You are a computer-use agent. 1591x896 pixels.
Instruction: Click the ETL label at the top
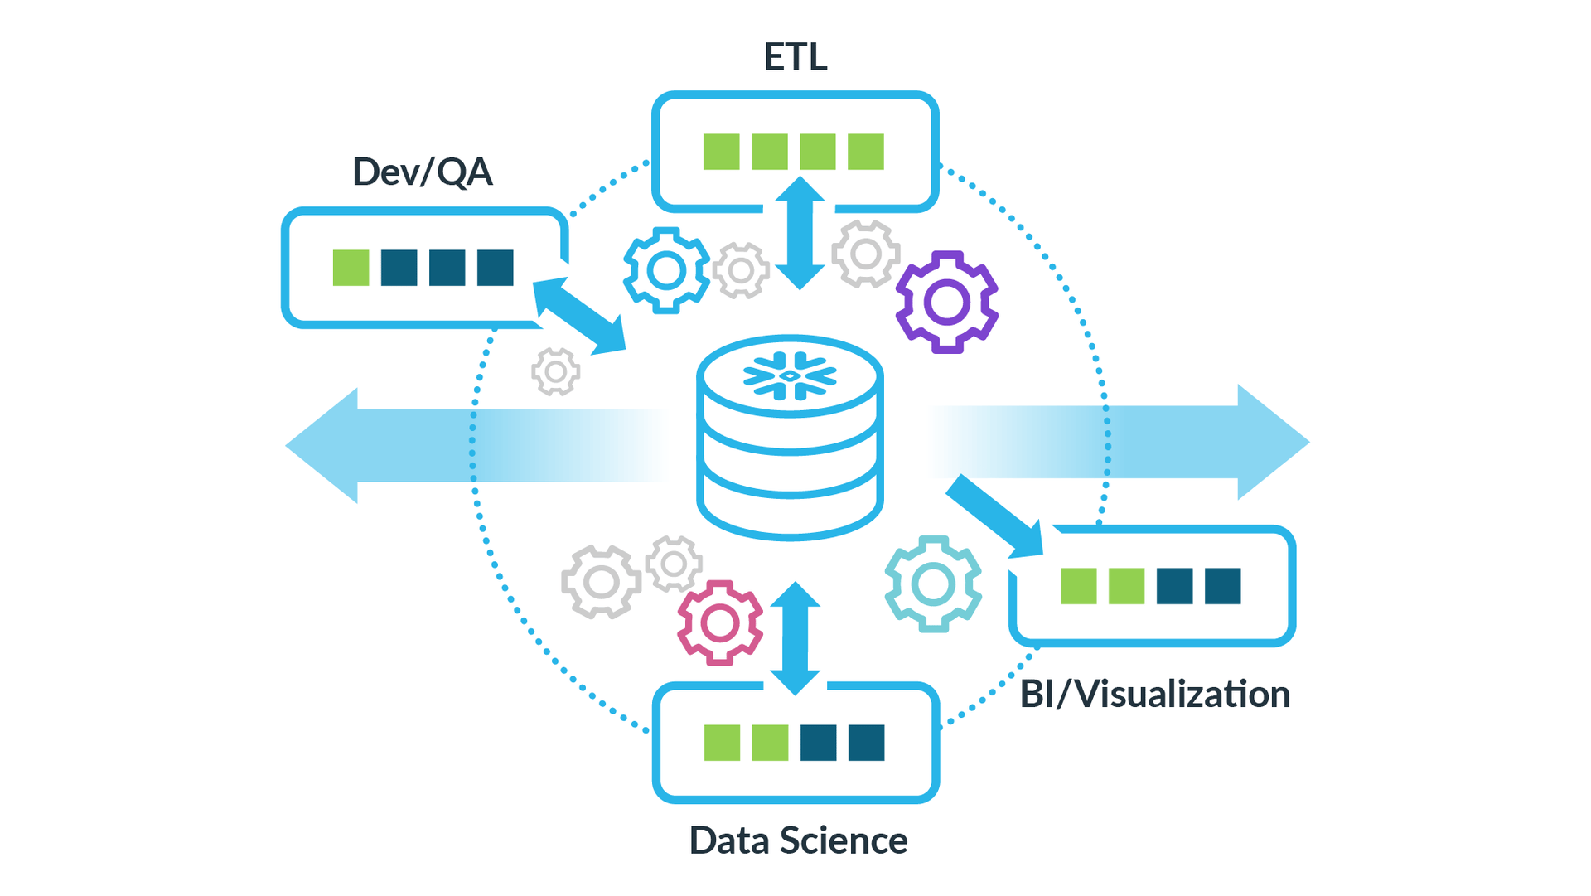795,57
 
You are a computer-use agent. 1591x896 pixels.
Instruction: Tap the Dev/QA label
422,172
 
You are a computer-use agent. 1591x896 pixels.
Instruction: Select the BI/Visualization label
1154,695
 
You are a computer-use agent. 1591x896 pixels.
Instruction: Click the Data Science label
798,840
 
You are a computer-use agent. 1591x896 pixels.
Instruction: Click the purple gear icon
946,303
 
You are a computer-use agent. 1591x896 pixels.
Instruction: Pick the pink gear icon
719,622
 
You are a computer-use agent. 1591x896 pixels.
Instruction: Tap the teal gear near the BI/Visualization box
933,584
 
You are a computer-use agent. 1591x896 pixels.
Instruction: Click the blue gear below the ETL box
666,270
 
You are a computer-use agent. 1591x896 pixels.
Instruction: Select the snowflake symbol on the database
790,376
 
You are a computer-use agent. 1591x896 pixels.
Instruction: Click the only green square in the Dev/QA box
351,268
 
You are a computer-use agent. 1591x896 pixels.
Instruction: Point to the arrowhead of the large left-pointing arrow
323,445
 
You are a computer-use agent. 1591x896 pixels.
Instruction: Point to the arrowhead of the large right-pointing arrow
1272,442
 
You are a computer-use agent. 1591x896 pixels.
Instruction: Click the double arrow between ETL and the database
800,233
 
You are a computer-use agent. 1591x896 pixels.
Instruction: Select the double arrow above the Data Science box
795,638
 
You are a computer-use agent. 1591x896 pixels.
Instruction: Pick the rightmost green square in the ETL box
865,152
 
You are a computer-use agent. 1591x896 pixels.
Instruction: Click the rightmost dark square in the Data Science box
866,743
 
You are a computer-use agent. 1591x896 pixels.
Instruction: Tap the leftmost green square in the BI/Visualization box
1078,586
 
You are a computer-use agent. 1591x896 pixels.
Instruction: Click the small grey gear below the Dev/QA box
555,371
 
